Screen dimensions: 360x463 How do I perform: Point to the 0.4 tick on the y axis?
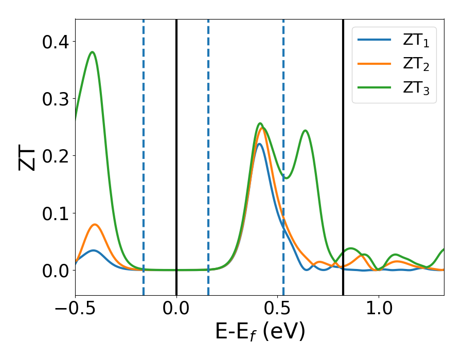[53, 41]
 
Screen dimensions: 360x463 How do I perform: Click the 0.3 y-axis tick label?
[53, 98]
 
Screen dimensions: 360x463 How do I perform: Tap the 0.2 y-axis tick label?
[53, 155]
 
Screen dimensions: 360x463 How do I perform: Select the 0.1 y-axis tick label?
[53, 213]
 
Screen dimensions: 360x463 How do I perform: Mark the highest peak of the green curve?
[93, 52]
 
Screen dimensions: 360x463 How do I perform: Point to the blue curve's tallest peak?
[259, 143]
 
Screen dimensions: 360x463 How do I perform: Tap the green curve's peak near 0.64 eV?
[305, 130]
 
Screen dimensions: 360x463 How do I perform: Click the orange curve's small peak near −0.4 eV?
[95, 224]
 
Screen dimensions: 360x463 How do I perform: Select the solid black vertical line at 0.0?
[176, 154]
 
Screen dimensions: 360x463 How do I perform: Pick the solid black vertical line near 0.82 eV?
[343, 154]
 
